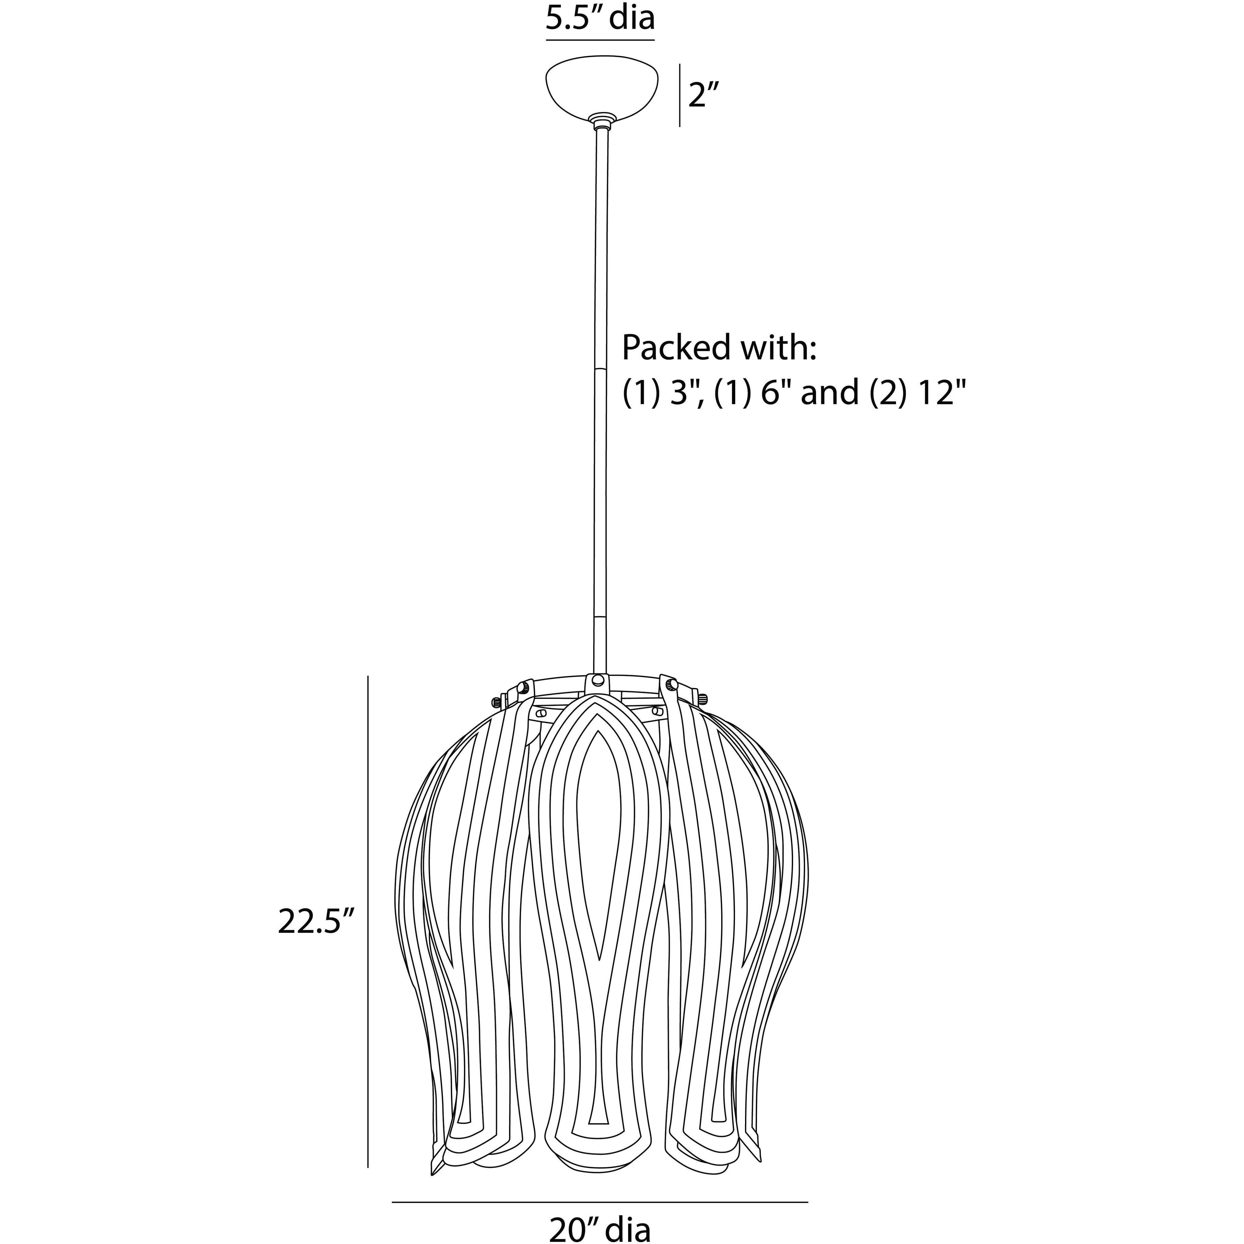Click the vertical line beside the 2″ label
(x=680, y=95)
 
